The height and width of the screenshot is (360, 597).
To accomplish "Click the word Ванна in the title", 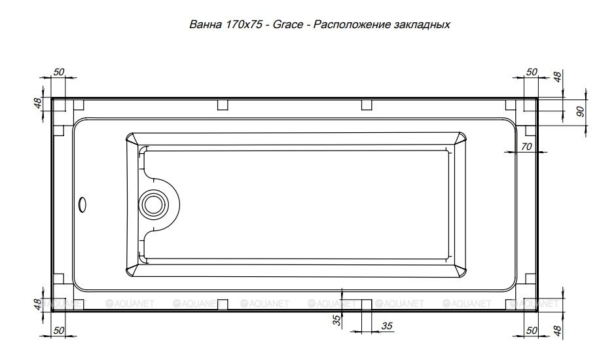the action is point(206,25).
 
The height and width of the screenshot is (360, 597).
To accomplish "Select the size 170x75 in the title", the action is point(244,25).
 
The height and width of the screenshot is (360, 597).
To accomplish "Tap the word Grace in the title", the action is point(288,25).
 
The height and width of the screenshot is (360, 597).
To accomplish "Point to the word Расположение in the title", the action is point(352,25).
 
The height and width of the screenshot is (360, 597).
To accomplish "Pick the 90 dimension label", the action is point(580,111).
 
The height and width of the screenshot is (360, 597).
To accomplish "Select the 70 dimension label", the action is point(526,146).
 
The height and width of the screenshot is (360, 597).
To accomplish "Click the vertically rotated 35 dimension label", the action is point(336,321).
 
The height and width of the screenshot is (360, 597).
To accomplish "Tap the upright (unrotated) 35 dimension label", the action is point(386,326).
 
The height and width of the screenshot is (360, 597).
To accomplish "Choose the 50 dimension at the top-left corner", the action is point(59,71).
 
